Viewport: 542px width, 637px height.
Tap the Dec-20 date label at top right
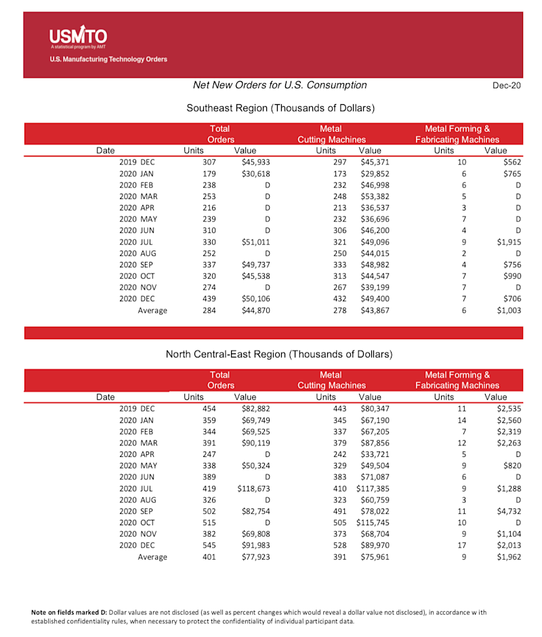pyautogui.click(x=507, y=85)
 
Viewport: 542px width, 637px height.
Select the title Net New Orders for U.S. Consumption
pyautogui.click(x=280, y=85)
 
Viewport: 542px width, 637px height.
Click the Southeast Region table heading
pyautogui.click(x=280, y=108)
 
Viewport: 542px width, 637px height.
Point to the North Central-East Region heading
pyautogui.click(x=279, y=354)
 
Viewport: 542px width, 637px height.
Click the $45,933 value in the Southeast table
pyautogui.click(x=256, y=162)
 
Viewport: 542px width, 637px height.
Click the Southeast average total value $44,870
pyautogui.click(x=256, y=311)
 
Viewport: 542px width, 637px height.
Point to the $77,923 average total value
pyautogui.click(x=256, y=557)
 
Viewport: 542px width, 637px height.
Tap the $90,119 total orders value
pyautogui.click(x=256, y=443)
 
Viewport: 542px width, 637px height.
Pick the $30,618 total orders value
pyautogui.click(x=256, y=173)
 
